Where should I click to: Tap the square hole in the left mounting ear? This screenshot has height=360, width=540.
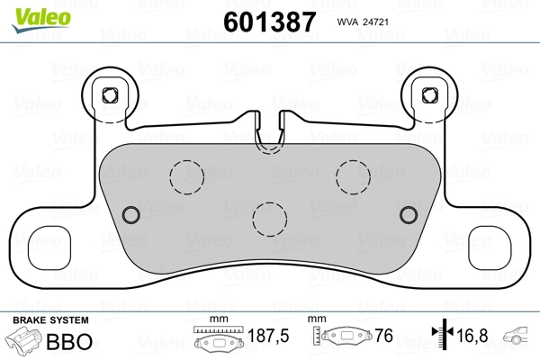pyautogui.click(x=112, y=94)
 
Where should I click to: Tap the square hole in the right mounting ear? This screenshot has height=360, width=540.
pyautogui.click(x=429, y=94)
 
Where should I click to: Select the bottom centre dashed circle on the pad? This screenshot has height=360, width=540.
pyautogui.click(x=269, y=217)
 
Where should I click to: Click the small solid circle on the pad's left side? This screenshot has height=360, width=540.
pyautogui.click(x=130, y=213)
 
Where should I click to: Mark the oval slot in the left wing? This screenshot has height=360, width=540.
pyautogui.click(x=45, y=243)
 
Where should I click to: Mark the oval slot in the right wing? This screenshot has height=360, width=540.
pyautogui.click(x=495, y=243)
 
